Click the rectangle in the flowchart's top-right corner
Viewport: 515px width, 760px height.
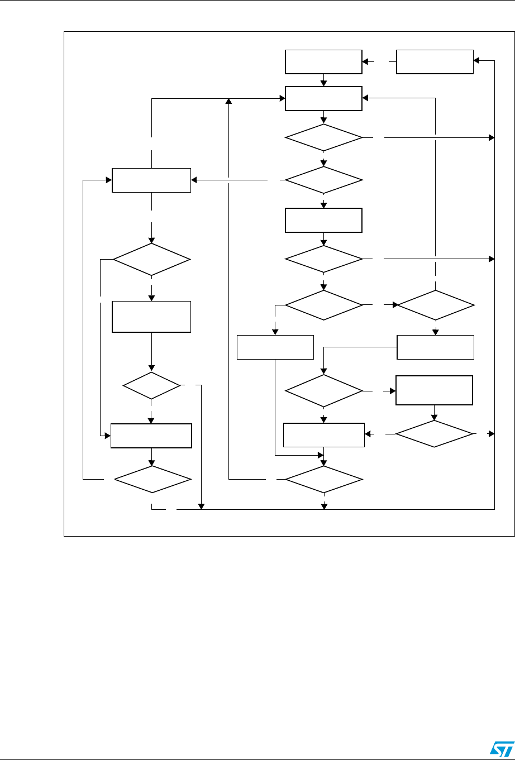434,61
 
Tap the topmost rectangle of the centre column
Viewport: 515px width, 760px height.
323,61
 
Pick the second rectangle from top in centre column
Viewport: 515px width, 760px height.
323,99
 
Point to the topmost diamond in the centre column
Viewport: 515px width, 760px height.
323,137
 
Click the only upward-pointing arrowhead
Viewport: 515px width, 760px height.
228,101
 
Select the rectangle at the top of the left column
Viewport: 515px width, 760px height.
151,180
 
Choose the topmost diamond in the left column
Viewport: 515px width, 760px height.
151,260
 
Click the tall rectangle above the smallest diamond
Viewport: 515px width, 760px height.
151,317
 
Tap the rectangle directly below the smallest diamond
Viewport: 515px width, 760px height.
151,436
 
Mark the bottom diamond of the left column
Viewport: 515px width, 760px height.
151,479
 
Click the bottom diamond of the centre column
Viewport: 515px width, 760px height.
323,479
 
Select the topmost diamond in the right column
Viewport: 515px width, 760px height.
435,305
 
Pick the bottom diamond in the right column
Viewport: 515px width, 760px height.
434,434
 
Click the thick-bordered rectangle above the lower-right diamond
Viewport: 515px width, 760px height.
434,390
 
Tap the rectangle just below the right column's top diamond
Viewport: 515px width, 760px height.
435,347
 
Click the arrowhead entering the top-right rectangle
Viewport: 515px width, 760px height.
476,61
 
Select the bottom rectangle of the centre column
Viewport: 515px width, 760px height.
323,435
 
